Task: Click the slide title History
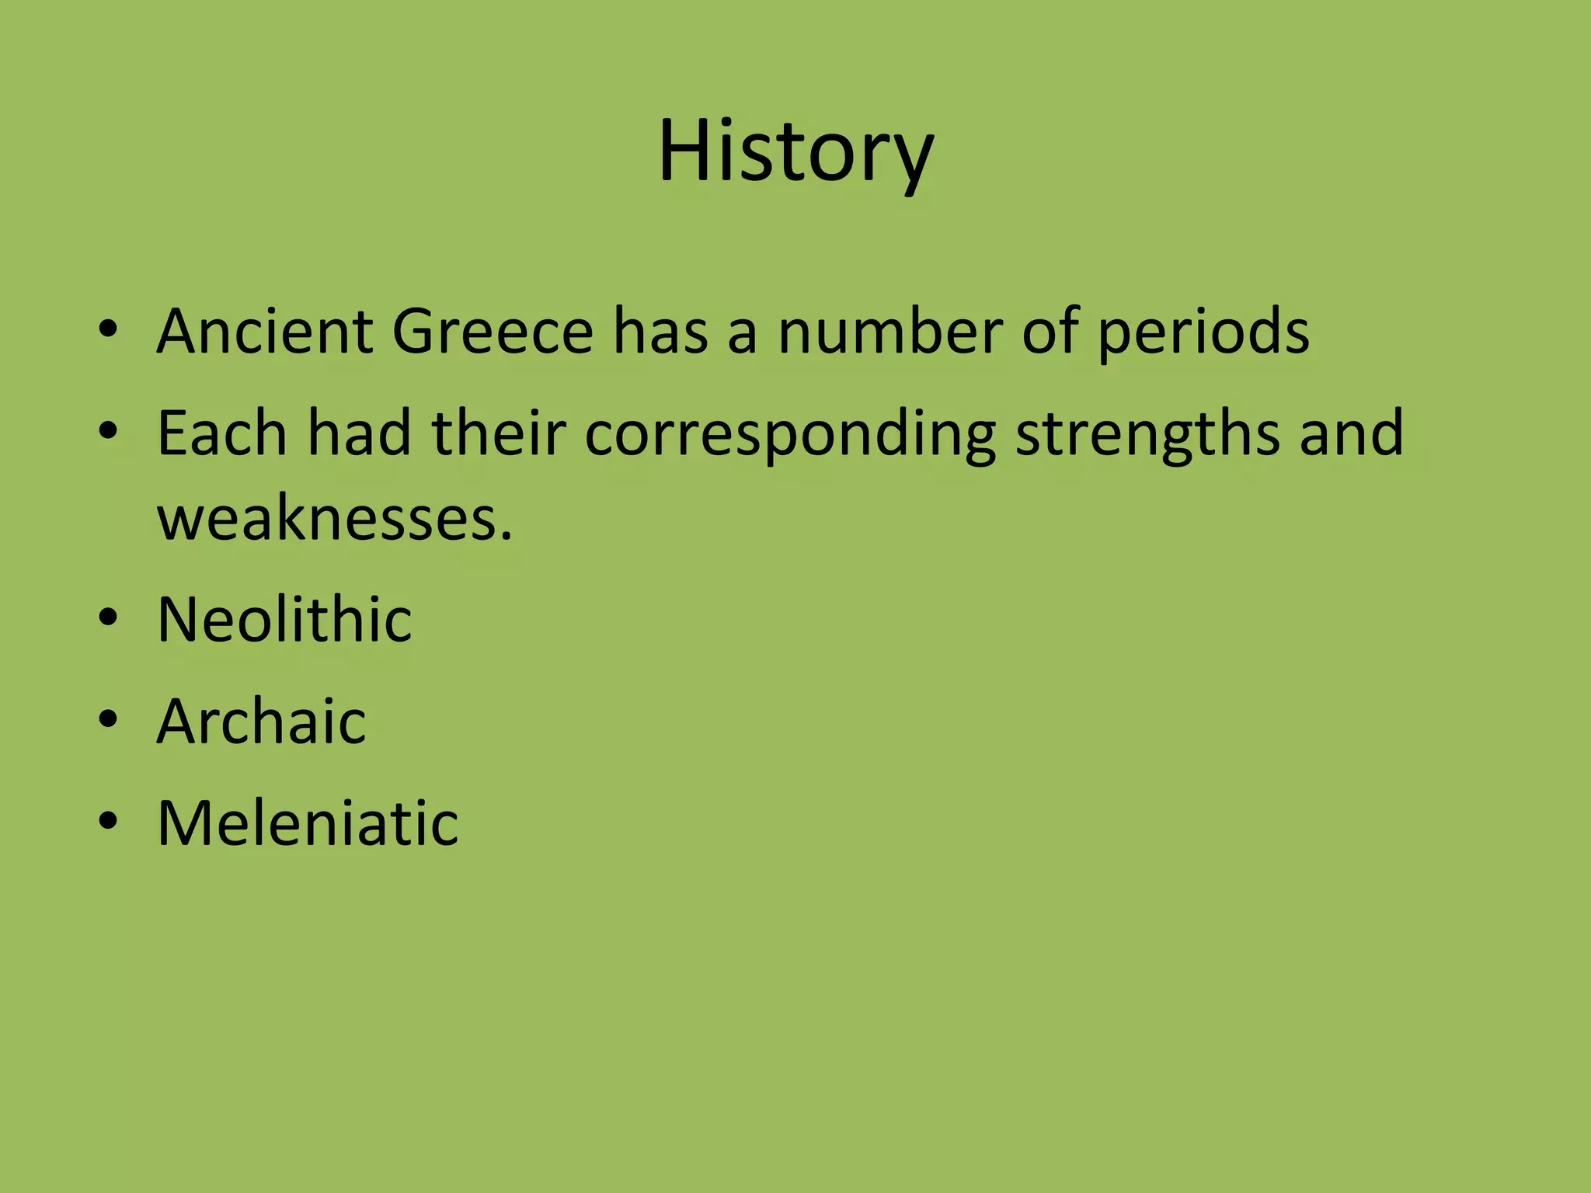(795, 151)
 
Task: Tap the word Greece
(493, 332)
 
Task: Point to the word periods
(1203, 334)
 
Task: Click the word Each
(222, 433)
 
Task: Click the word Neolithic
(284, 620)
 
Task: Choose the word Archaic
(261, 722)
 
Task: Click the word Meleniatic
(308, 823)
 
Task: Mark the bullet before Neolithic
(108, 618)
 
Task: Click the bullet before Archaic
(108, 720)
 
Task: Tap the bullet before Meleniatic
(108, 821)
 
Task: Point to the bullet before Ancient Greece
(108, 329)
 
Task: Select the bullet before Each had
(108, 431)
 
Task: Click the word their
(498, 433)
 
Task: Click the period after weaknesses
(507, 537)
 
